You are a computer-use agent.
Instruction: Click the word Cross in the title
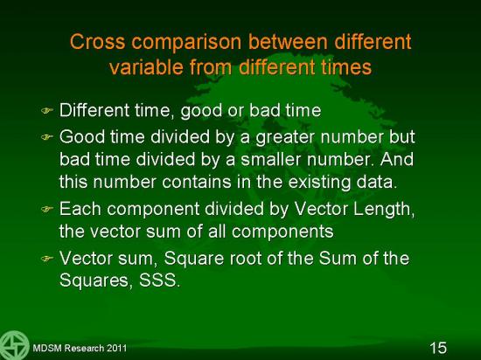97,41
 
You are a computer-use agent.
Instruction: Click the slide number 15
438,348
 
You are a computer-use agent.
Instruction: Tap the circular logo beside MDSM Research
14,345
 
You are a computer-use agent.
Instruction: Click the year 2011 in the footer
116,348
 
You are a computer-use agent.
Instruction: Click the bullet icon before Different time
47,110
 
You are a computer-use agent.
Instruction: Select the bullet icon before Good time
47,137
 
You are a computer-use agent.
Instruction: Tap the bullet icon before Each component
47,209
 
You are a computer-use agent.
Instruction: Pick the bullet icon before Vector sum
47,259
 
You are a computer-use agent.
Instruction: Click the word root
246,259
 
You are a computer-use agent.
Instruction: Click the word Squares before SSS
96,280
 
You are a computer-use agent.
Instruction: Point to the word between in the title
288,41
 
